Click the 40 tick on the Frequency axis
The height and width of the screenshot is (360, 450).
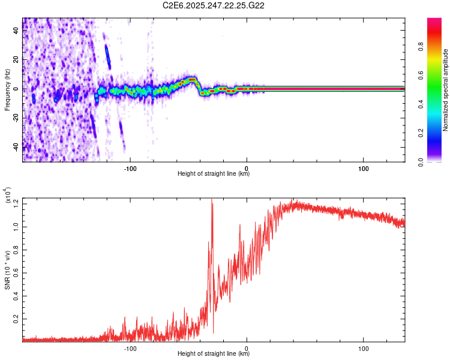(17, 31)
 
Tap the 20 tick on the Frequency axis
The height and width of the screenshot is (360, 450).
(17, 60)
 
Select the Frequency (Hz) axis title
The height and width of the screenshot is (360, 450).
(7, 89)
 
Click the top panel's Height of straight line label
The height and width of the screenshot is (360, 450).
(214, 174)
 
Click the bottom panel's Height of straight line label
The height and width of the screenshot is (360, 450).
(214, 354)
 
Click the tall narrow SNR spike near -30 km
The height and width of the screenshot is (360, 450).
(212, 204)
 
